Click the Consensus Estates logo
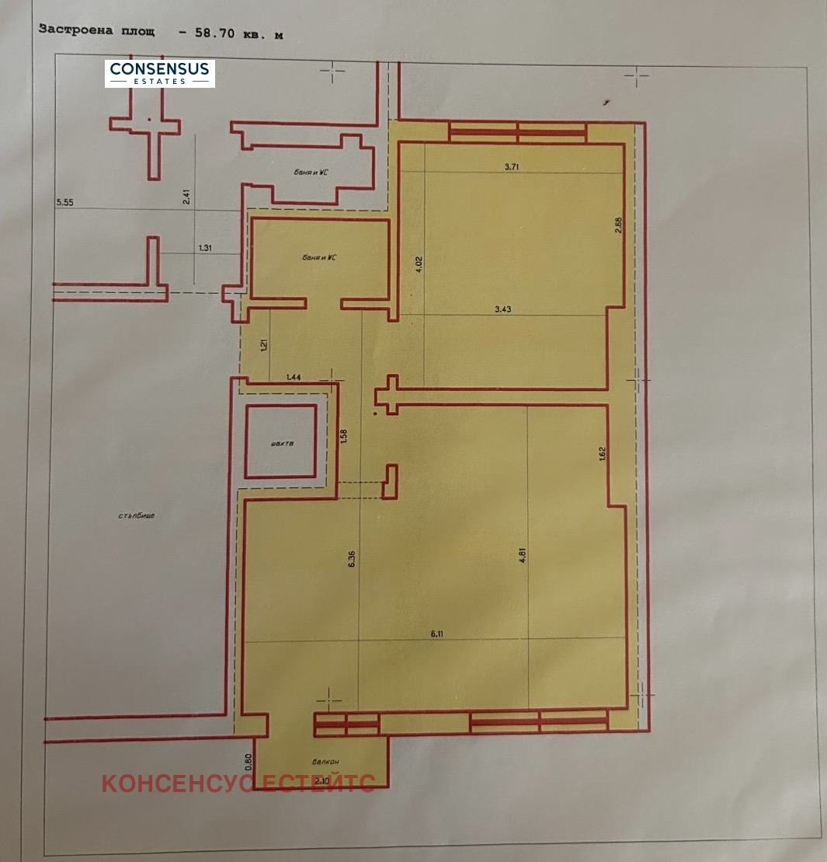tap(160, 73)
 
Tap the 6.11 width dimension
tap(437, 634)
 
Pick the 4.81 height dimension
tap(523, 558)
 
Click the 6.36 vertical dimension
tap(353, 560)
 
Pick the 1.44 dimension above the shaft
tap(294, 376)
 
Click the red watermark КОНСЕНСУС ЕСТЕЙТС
tap(238, 783)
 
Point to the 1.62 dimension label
tap(602, 453)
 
